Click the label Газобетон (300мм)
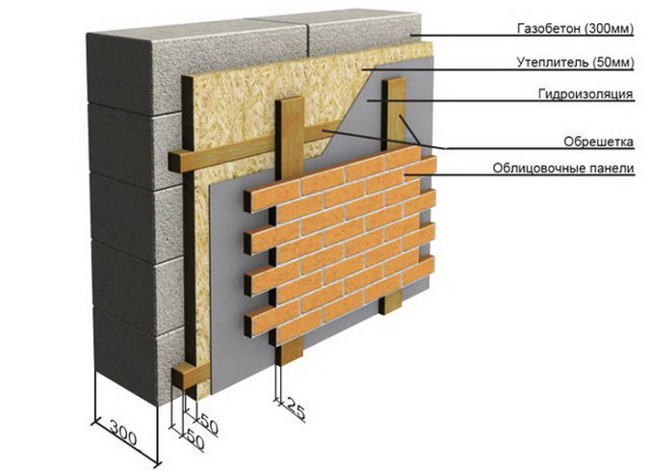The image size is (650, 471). point(576,28)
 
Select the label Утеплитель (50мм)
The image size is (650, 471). point(576,63)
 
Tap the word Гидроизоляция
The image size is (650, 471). point(585,94)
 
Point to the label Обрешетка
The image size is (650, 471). point(598,142)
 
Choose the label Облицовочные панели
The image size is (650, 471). point(563,169)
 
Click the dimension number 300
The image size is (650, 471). point(123,432)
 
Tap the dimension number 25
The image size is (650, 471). point(296,407)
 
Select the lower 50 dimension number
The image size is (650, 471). point(195,439)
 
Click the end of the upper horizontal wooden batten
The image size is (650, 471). point(174,162)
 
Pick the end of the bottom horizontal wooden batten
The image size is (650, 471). point(179,377)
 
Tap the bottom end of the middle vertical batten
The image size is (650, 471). point(290,356)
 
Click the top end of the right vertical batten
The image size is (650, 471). point(394,81)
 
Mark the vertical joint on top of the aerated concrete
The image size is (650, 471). point(308,39)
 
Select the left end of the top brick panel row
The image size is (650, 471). point(247,201)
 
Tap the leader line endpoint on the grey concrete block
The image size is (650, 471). point(411,36)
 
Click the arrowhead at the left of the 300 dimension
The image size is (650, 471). point(93,423)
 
